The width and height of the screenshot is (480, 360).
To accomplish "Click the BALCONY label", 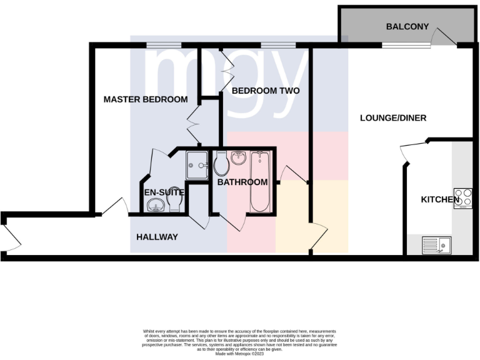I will (x=407, y=27).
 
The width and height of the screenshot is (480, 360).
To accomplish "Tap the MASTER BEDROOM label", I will (x=146, y=99).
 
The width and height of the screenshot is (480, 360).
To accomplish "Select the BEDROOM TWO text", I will (x=266, y=91).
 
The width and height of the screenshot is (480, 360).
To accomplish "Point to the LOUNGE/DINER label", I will (x=393, y=117).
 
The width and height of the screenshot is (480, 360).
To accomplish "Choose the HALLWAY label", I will (x=157, y=237).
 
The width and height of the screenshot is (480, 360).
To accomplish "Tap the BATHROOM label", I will (x=242, y=182).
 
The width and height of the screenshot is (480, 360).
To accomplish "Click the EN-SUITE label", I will (x=164, y=192).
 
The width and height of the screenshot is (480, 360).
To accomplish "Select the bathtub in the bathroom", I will (x=259, y=181).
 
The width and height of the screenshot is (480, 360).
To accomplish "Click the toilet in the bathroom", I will (x=221, y=164).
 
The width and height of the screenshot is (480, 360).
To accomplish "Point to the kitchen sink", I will (x=436, y=245).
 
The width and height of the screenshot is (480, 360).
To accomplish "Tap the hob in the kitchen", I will (x=463, y=199).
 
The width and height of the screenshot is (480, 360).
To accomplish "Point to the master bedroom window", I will (x=164, y=44).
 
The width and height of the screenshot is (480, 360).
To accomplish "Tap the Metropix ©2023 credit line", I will (x=239, y=354).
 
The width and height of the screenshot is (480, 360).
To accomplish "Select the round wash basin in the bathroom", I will (x=238, y=157).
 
